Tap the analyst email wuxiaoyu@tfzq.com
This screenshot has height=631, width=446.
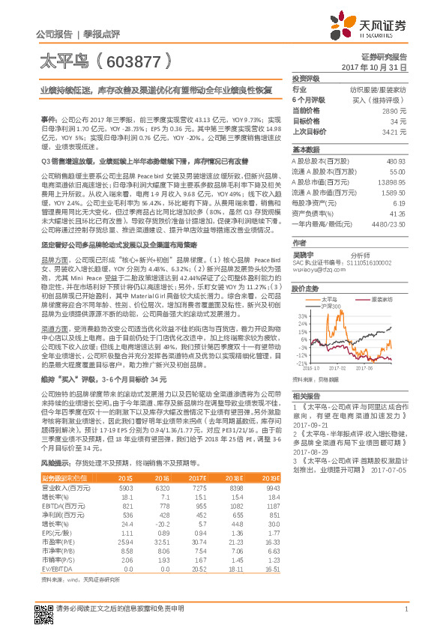(315, 270)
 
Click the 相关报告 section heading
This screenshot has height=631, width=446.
(307, 396)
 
